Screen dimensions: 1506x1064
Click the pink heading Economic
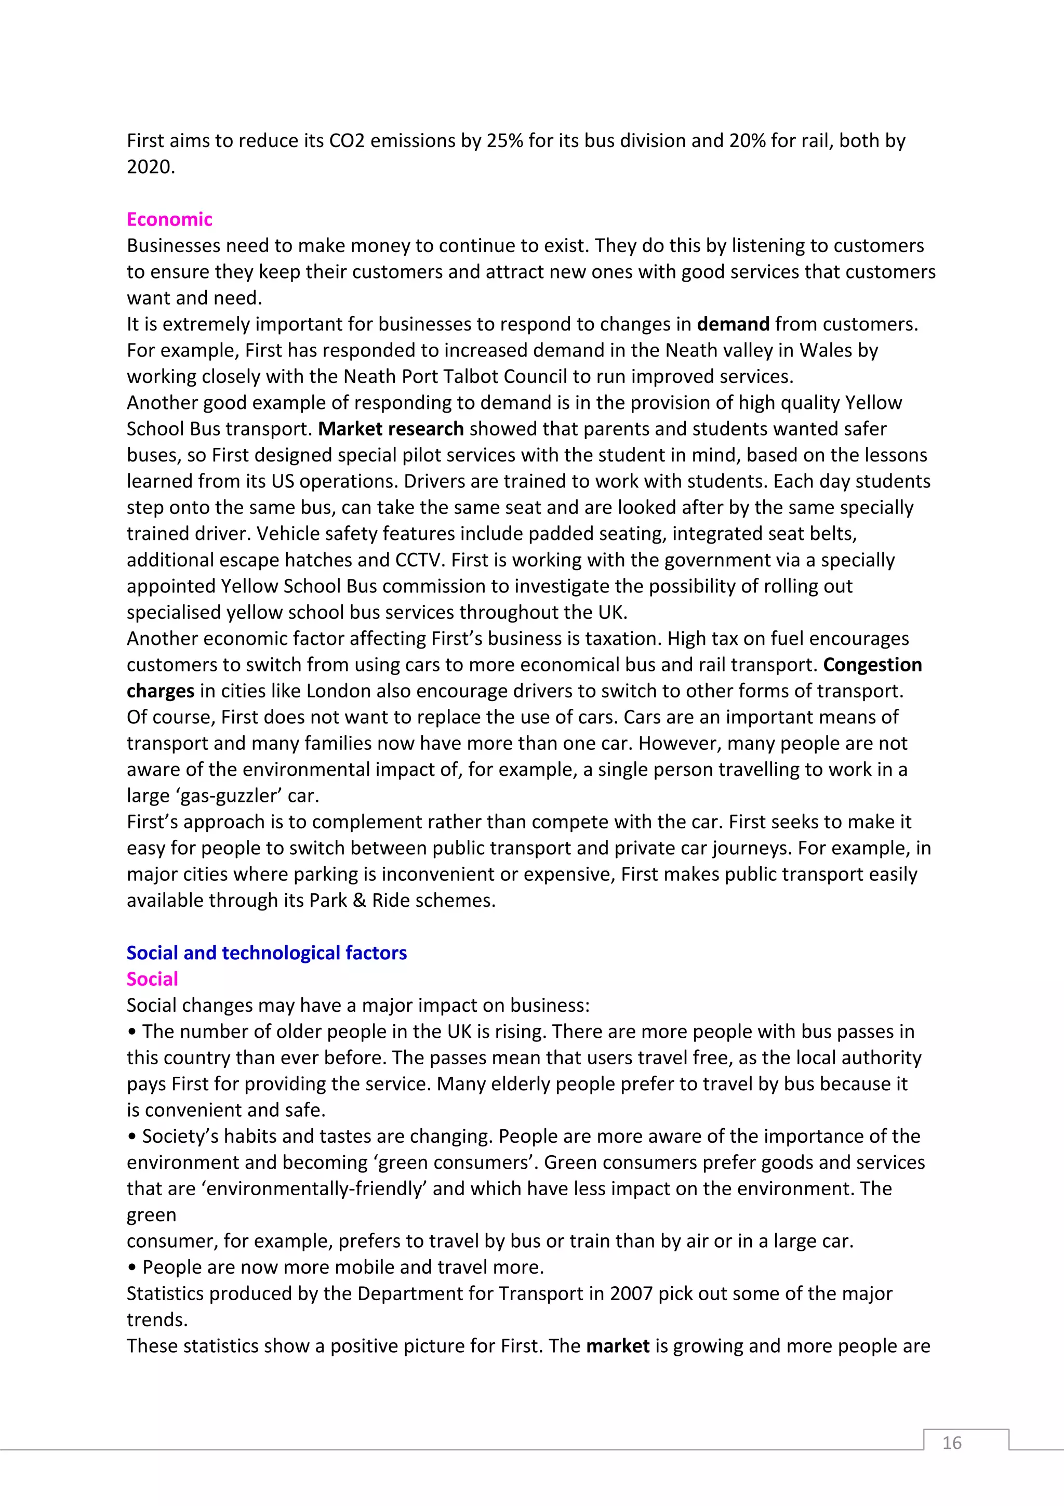pos(169,219)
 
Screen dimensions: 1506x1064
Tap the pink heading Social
pos(152,979)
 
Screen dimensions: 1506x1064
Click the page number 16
pos(951,1443)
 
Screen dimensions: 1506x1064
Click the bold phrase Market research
pos(391,429)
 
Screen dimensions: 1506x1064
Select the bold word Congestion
pos(872,665)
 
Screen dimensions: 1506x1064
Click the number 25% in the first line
pos(504,140)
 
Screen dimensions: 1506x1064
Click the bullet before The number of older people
pos(132,1032)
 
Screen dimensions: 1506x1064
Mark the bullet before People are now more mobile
pos(132,1268)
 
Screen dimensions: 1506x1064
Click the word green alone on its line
pos(151,1216)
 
